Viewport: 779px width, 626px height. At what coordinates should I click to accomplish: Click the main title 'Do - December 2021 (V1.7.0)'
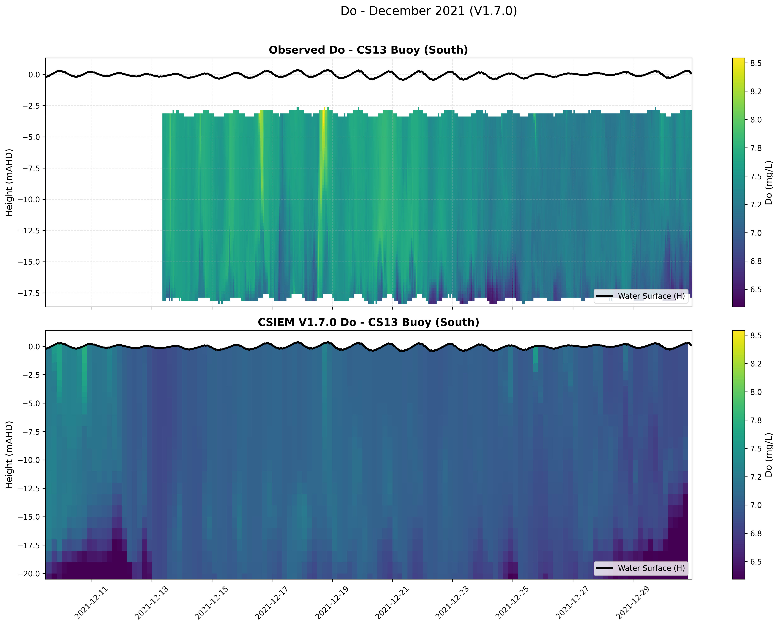429,11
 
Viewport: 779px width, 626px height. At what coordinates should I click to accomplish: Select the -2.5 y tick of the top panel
32,106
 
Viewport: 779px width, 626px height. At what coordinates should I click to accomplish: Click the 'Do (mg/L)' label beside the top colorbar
768,183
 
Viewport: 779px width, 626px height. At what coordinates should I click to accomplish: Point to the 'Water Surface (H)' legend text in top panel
651,296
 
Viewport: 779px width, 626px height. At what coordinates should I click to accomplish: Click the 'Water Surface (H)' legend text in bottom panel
651,568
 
